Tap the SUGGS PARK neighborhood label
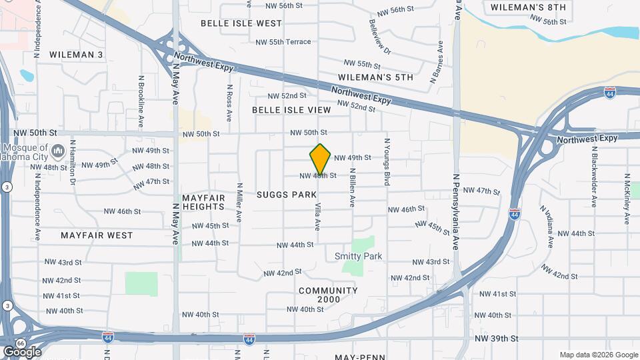(x=287, y=195)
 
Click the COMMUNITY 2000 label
(x=328, y=295)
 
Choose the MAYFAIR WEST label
(x=97, y=235)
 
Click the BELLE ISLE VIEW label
(x=291, y=110)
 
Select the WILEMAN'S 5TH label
(x=375, y=77)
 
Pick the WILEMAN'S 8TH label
(x=528, y=7)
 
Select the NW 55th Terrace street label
(x=283, y=42)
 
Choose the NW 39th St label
(x=497, y=339)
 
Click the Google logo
(x=21, y=351)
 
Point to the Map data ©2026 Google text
(x=598, y=355)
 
